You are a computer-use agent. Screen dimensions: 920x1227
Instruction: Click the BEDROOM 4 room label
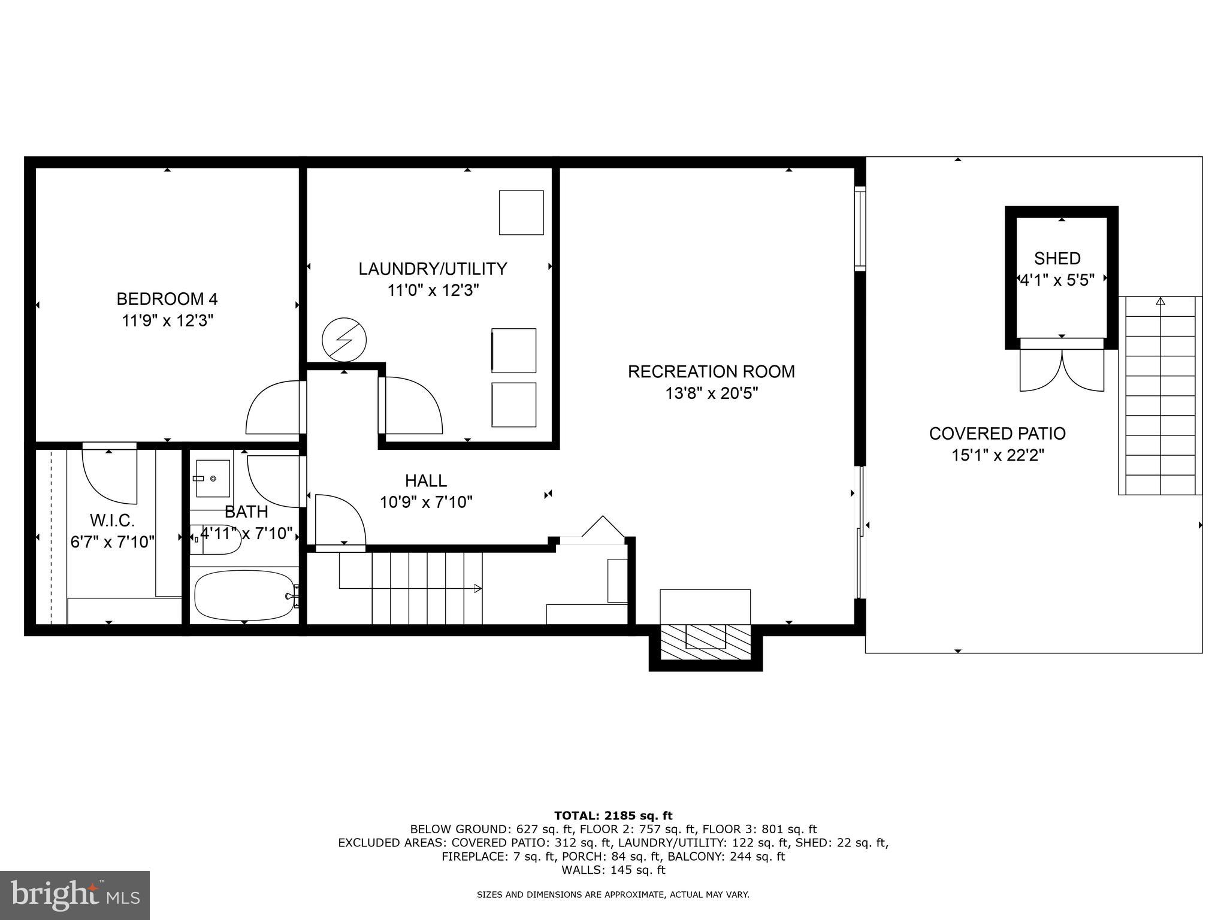[x=167, y=298]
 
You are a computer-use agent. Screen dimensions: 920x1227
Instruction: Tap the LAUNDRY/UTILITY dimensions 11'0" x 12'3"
[x=433, y=291]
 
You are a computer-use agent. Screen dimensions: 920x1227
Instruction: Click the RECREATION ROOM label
[x=711, y=371]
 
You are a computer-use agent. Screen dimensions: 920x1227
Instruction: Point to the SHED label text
[x=1057, y=258]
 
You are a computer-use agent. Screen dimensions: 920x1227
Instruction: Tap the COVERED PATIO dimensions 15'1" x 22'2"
[x=998, y=456]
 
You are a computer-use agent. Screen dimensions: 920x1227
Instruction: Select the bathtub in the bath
[x=244, y=595]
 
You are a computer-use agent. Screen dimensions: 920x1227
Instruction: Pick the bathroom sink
[x=213, y=479]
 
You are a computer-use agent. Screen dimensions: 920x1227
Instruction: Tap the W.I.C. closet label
[x=112, y=520]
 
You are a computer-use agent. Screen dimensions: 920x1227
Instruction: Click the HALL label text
[x=425, y=480]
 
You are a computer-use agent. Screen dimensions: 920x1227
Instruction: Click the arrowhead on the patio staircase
[x=1160, y=301]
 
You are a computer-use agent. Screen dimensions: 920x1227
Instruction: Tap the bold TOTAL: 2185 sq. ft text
[x=613, y=815]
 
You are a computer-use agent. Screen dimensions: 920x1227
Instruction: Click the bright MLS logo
[x=75, y=895]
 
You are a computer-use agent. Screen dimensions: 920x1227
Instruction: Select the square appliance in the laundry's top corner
[x=521, y=213]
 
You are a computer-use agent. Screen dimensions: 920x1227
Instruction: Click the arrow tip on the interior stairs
[x=478, y=588]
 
